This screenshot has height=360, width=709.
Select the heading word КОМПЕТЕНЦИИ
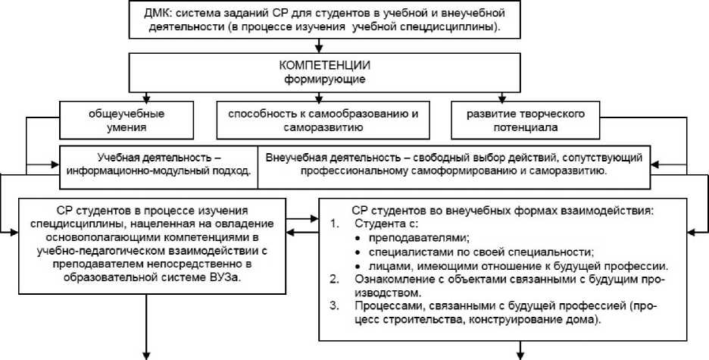[317, 65]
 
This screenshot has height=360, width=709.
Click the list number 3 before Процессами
[335, 307]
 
